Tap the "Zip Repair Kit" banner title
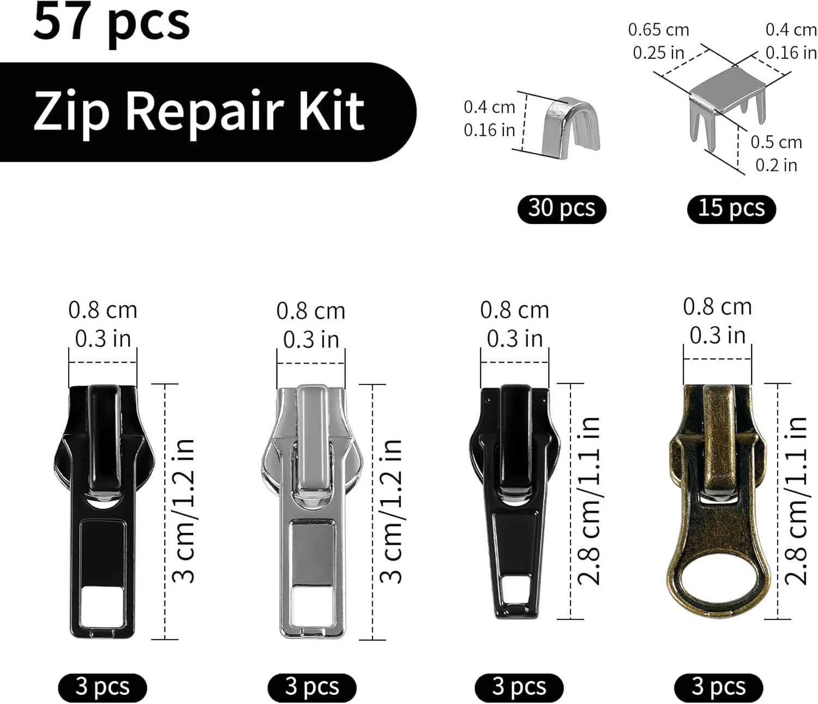(199, 112)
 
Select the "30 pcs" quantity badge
(562, 208)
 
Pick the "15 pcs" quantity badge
(731, 208)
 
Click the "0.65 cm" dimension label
(659, 30)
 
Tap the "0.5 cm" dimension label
(776, 142)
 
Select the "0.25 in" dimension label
(659, 53)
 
